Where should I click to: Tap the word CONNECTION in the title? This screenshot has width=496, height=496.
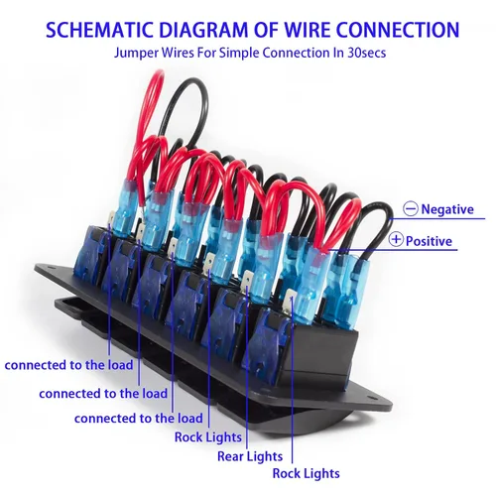pyautogui.click(x=398, y=30)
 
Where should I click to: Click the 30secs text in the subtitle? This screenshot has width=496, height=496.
pyautogui.click(x=367, y=53)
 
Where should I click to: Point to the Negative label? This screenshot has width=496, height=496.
pyautogui.click(x=447, y=209)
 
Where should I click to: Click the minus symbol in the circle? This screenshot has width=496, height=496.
pyautogui.click(x=411, y=209)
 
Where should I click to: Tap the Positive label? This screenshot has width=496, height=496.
pyautogui.click(x=429, y=241)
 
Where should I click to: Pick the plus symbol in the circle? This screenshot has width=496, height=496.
pyautogui.click(x=396, y=239)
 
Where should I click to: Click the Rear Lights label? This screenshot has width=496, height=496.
pyautogui.click(x=250, y=456)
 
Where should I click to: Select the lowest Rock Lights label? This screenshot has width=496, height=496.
pyautogui.click(x=306, y=473)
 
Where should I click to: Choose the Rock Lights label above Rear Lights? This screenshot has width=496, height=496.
pyautogui.click(x=208, y=437)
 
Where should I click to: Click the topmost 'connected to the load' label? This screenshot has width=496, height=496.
pyautogui.click(x=68, y=365)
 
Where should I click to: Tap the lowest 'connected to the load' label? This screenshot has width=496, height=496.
pyautogui.click(x=138, y=419)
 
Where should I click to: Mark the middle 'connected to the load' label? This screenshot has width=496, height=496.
pyautogui.click(x=103, y=394)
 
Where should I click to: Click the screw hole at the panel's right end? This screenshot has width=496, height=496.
pyautogui.click(x=370, y=397)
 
